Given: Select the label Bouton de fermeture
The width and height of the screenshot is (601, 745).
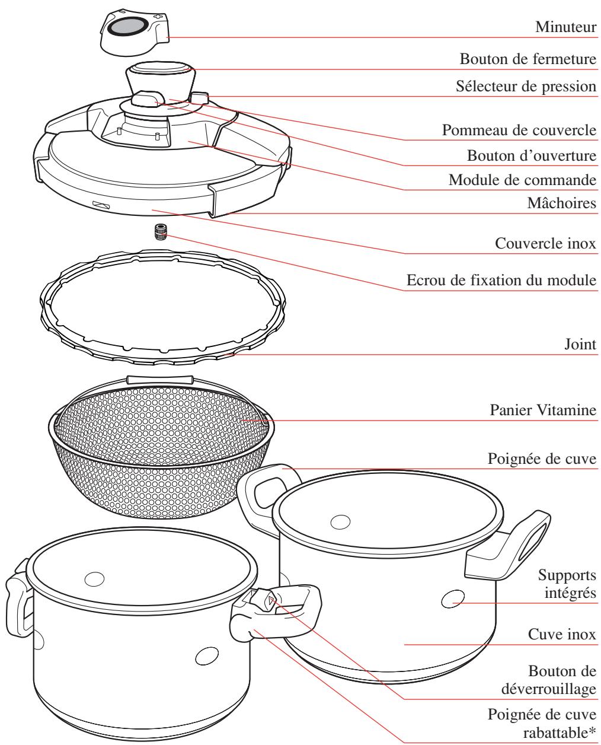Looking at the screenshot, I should click(x=528, y=59).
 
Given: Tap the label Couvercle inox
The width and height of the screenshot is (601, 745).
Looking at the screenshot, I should click(x=544, y=244).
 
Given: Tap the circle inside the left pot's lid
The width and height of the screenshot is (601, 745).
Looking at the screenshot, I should click(x=94, y=578).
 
